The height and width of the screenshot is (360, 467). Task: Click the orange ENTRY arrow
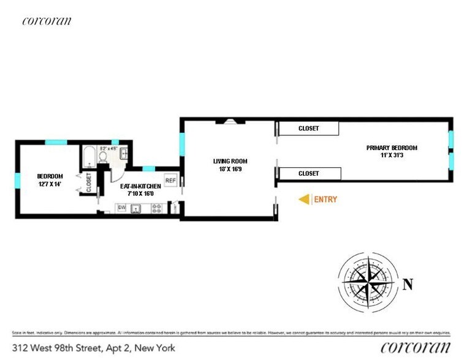pyautogui.click(x=303, y=199)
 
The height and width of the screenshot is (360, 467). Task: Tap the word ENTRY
pyautogui.click(x=325, y=199)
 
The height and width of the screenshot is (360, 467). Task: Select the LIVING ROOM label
pyautogui.click(x=230, y=161)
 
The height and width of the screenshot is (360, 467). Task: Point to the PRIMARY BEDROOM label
pyautogui.click(x=392, y=148)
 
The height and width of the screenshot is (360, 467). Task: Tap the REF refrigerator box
pyautogui.click(x=170, y=181)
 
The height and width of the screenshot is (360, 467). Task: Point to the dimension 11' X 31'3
pyautogui.click(x=392, y=156)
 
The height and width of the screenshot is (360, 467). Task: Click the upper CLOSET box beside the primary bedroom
pyautogui.click(x=308, y=129)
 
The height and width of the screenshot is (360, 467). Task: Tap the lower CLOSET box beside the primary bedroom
pyautogui.click(x=308, y=174)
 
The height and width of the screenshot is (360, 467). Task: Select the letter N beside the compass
pyautogui.click(x=408, y=283)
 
